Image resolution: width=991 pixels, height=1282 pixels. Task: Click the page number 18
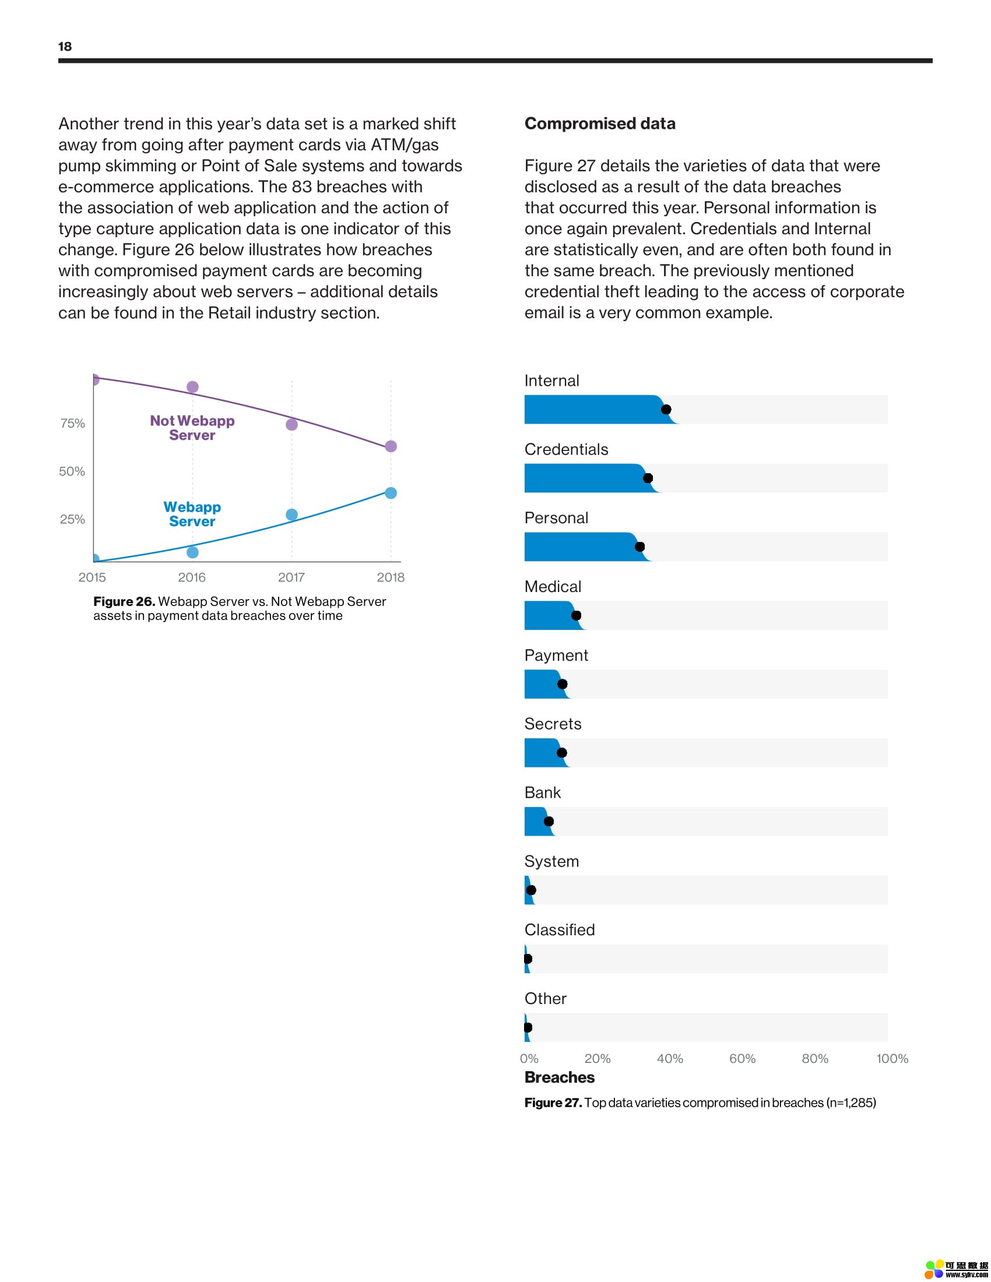point(65,47)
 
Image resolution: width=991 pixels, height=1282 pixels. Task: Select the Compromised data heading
point(599,124)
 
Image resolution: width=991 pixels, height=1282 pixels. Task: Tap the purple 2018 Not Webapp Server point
point(391,446)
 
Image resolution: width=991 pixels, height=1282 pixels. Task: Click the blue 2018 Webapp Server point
point(391,492)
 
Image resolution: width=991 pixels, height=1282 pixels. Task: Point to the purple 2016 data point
point(192,386)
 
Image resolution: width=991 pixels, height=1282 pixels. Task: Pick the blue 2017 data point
point(291,514)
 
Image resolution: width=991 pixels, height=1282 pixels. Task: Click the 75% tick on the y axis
point(73,423)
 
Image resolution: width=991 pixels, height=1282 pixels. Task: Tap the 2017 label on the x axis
point(291,577)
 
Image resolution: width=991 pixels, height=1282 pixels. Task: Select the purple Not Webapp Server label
point(192,428)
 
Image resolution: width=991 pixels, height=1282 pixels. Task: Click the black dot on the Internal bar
point(666,409)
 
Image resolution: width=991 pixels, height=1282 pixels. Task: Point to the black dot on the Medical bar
point(576,615)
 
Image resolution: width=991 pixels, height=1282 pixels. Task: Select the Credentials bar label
point(566,449)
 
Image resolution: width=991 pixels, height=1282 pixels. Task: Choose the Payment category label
point(556,655)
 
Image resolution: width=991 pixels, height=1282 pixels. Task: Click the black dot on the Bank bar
point(549,821)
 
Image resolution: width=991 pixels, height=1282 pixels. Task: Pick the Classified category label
point(560,930)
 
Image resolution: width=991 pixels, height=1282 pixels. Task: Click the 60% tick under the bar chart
point(742,1058)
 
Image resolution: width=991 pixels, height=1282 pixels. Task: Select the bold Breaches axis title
point(560,1077)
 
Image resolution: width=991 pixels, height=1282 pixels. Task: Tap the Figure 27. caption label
point(553,1103)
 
